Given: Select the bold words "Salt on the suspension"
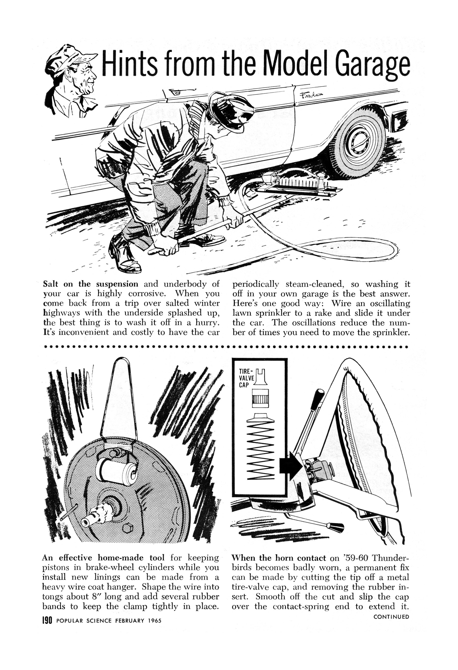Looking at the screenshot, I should tap(90, 284).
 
